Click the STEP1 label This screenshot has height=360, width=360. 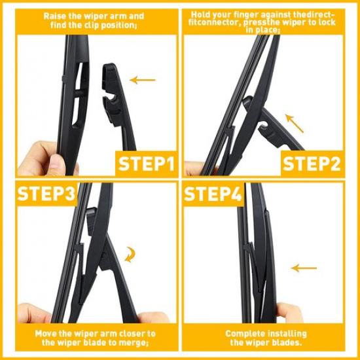tap(146, 162)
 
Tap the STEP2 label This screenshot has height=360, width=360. tap(311, 162)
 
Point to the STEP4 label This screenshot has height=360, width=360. tap(213, 195)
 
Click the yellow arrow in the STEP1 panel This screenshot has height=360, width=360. tap(143, 81)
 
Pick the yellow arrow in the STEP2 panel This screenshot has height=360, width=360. tap(294, 122)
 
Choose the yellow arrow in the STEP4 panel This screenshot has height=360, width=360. tap(304, 268)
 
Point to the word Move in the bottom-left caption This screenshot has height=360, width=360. tap(48, 333)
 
